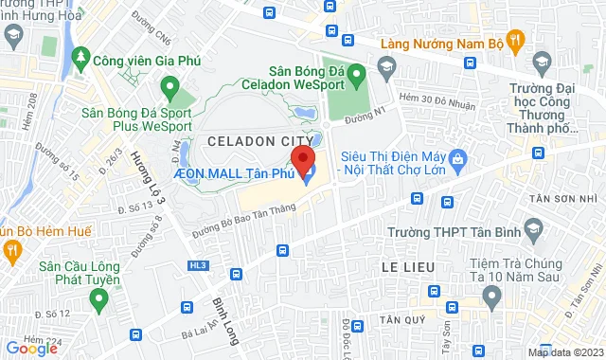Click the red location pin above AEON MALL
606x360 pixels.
[302, 159]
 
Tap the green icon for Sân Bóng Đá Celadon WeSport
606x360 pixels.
[357, 72]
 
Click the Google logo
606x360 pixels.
[31, 348]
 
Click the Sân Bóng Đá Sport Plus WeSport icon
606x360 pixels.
[169, 90]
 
